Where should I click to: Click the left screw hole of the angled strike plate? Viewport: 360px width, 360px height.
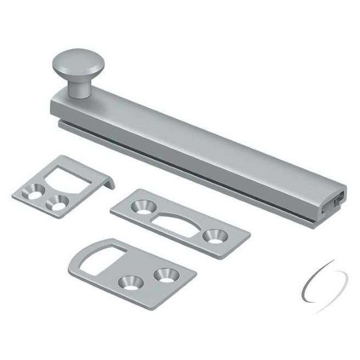pyautogui.click(x=34, y=193)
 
